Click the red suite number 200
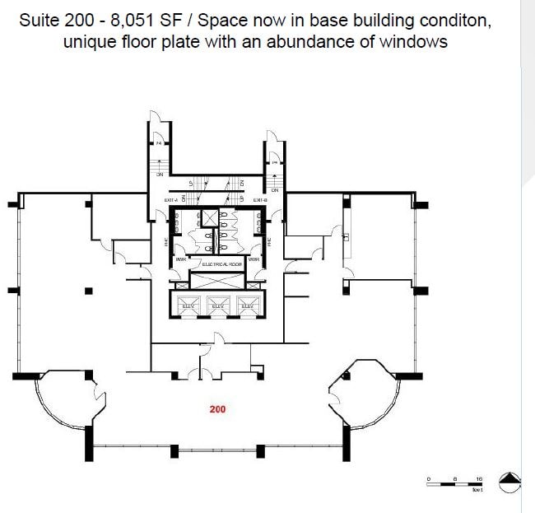[x=217, y=408]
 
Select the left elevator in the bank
[x=188, y=304]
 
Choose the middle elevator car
[x=218, y=304]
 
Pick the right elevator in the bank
[x=247, y=304]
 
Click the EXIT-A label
[x=171, y=200]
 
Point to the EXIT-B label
[x=261, y=200]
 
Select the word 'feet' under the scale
[x=477, y=491]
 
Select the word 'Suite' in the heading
[x=41, y=20]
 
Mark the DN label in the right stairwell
[x=274, y=190]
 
